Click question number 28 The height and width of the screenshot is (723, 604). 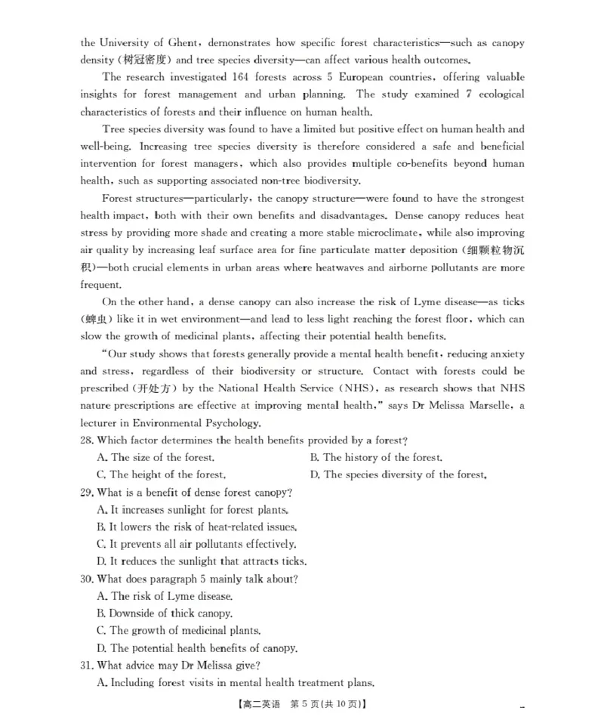[x=88, y=440]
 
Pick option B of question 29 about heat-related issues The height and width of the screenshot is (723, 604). [x=197, y=527]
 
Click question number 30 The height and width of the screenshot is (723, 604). [x=88, y=579]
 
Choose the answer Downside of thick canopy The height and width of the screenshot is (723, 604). [x=165, y=613]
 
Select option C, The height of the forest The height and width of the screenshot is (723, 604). [x=162, y=474]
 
